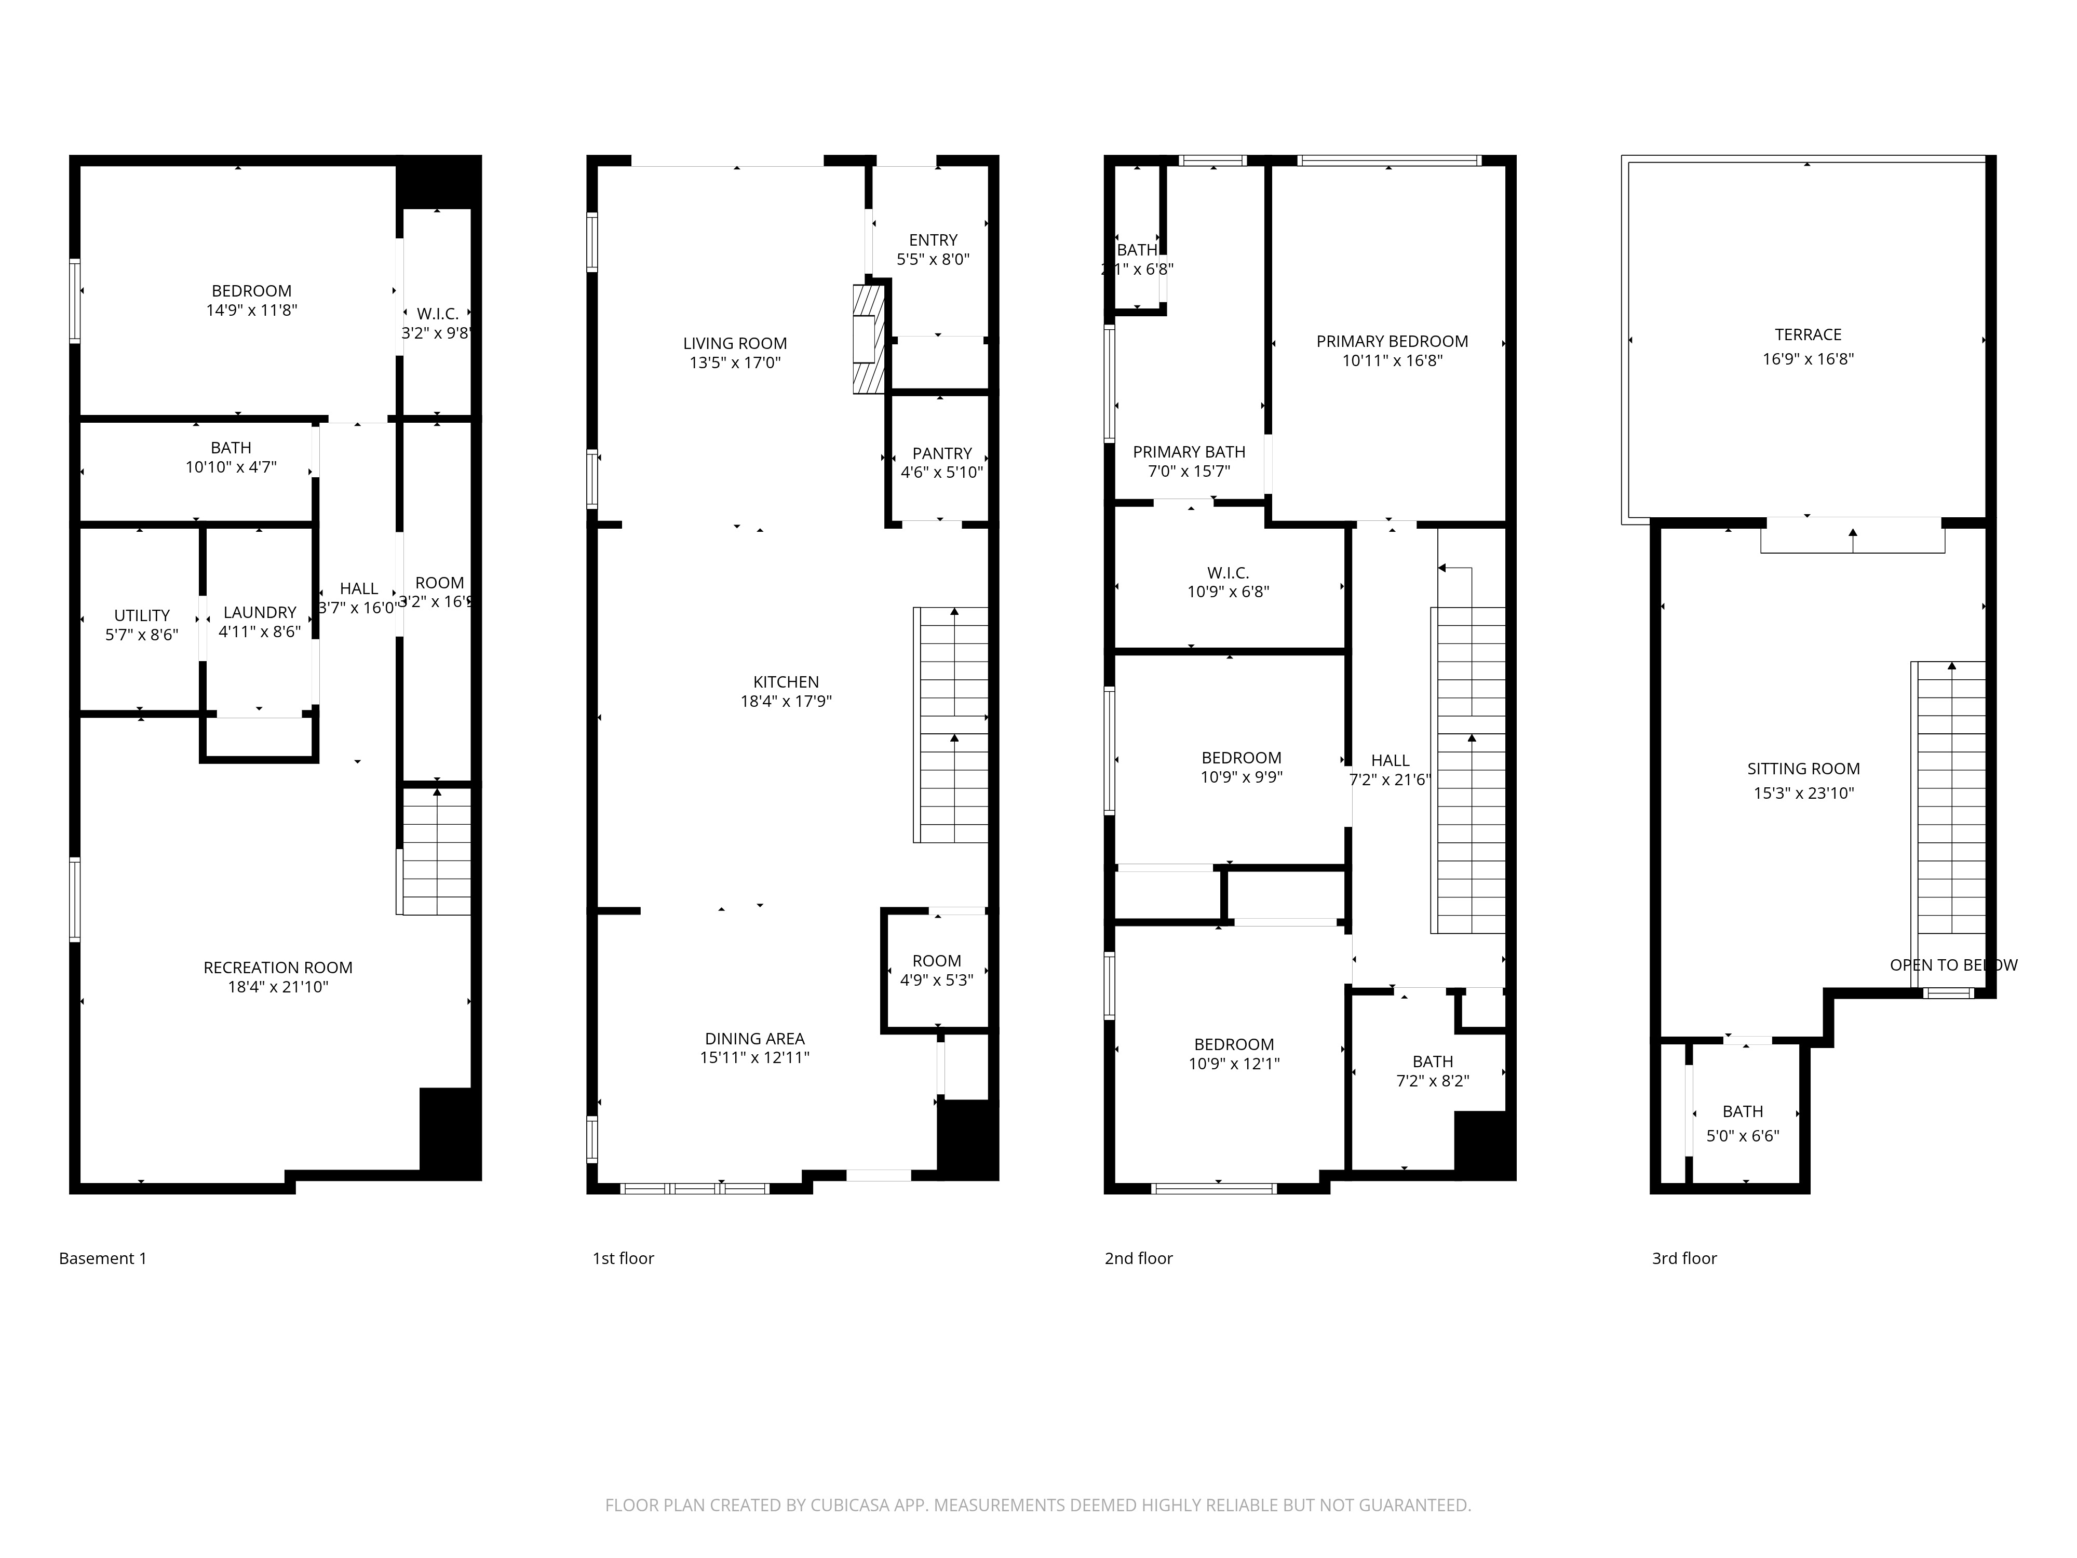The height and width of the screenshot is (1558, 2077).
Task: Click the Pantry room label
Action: click(942, 453)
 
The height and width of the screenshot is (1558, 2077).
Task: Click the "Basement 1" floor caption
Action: click(102, 1258)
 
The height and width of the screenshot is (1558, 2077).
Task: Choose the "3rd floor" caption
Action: click(1683, 1258)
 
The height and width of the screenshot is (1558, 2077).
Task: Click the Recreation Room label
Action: click(278, 968)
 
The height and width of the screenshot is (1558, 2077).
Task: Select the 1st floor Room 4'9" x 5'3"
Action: click(936, 970)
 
